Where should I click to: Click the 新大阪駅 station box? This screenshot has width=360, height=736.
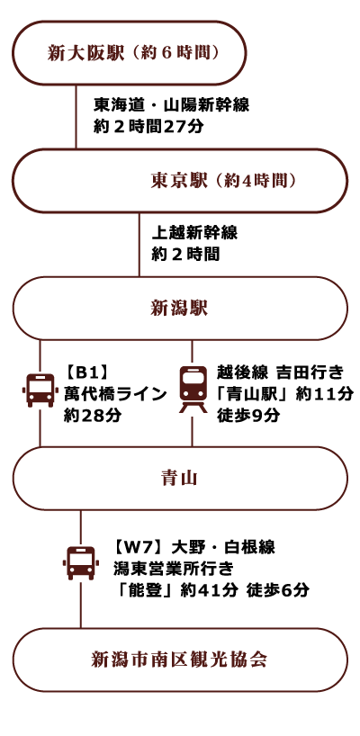(x=129, y=52)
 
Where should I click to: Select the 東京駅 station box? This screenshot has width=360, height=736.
(x=180, y=181)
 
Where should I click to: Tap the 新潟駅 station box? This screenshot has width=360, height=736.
(x=180, y=309)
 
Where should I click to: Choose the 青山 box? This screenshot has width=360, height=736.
(x=180, y=479)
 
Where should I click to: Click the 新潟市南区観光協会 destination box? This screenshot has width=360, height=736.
(x=180, y=660)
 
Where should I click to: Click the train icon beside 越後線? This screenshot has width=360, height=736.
(x=193, y=390)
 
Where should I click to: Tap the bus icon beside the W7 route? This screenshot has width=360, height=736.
(x=81, y=562)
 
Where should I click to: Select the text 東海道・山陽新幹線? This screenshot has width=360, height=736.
(x=171, y=105)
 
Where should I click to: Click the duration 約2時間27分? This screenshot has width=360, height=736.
(x=148, y=127)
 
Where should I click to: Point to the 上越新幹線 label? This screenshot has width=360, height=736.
(x=194, y=233)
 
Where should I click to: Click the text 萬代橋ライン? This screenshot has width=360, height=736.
(x=115, y=394)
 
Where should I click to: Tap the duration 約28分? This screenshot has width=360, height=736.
(x=92, y=416)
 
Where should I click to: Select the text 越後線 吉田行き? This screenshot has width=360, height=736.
(x=280, y=373)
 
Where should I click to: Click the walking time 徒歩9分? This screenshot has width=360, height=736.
(x=247, y=416)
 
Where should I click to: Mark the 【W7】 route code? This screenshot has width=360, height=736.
(x=139, y=547)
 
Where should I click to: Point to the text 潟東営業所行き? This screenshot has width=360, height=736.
(x=173, y=569)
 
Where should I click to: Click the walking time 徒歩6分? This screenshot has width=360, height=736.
(x=277, y=590)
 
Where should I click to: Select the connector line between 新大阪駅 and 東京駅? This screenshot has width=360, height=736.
(x=76, y=117)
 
